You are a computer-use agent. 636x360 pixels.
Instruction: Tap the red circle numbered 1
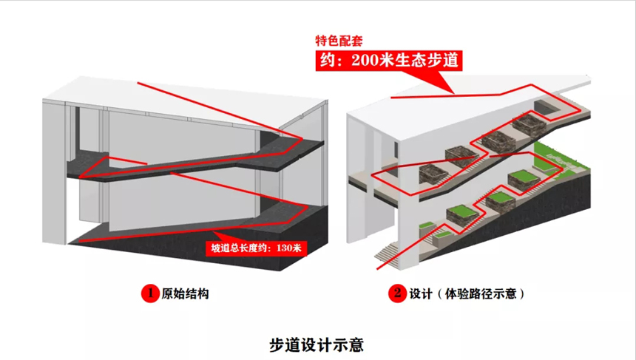(x=146, y=293)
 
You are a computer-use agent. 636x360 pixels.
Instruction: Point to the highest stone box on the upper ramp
(x=529, y=123)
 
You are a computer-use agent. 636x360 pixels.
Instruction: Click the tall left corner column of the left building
(x=55, y=170)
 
